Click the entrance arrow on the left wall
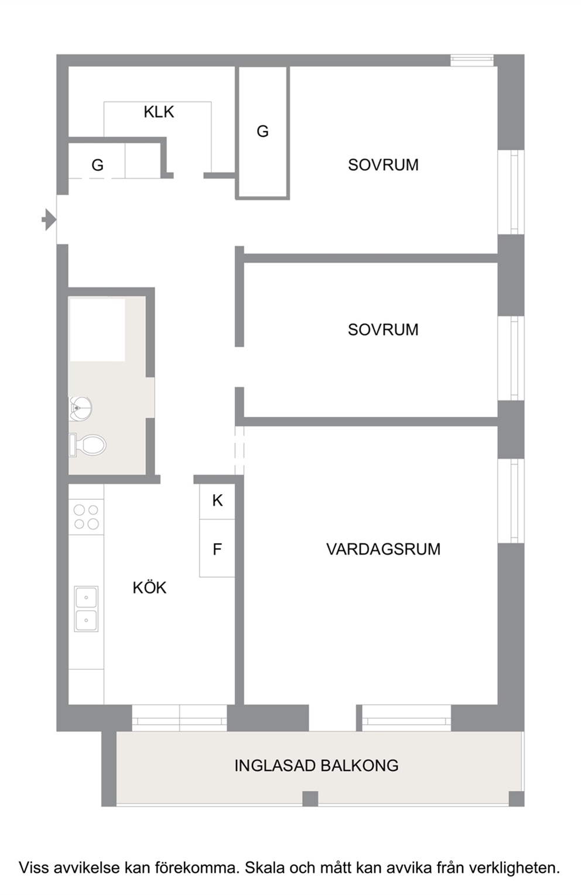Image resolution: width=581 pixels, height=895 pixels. point(50,220)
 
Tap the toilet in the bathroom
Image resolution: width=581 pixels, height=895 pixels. point(88,445)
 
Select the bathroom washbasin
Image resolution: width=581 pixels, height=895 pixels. point(80,409)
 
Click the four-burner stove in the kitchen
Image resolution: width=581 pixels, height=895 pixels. point(86,517)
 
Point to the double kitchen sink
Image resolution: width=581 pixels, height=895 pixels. point(86,609)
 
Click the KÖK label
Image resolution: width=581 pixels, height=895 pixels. point(149,587)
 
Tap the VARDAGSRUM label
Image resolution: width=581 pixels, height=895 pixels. point(383,549)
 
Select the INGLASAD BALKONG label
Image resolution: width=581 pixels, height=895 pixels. point(316,766)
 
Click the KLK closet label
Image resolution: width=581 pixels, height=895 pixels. point(159,112)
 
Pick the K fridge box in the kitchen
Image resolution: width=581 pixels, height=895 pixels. point(217,502)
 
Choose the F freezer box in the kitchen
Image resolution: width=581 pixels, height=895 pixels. point(217,548)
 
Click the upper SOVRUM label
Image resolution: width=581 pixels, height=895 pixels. point(383,164)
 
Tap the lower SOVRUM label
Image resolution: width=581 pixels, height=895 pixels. point(383,330)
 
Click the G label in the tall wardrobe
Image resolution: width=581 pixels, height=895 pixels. point(263,131)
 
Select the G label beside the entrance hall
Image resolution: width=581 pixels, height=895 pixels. point(98,165)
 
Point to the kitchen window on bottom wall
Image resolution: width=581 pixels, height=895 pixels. point(180,718)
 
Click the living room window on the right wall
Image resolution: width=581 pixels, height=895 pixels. point(511,501)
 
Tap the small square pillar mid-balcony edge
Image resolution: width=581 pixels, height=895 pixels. point(310,798)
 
